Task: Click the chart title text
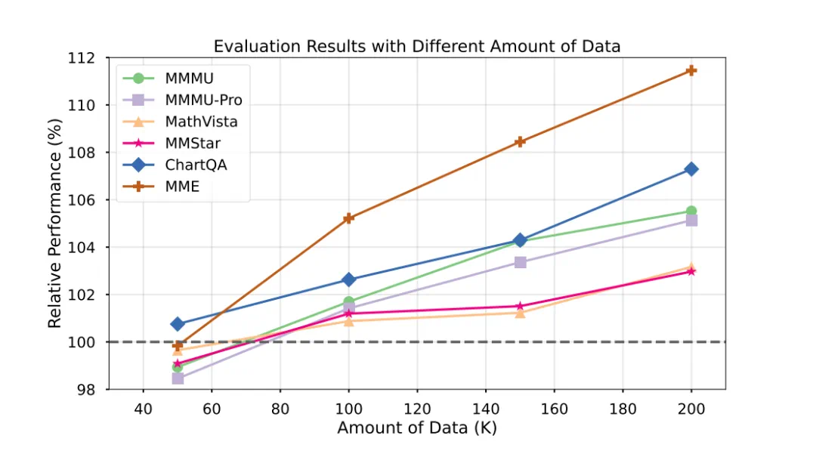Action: tap(416, 46)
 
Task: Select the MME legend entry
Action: tap(182, 187)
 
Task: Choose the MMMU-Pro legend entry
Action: tap(202, 100)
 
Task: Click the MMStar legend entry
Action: tap(192, 143)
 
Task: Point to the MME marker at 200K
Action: tap(691, 70)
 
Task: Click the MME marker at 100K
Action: tap(348, 218)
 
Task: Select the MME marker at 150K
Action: tap(520, 141)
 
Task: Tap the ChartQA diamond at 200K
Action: tap(691, 169)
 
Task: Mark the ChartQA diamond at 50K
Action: tap(178, 324)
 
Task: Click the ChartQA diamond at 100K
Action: tap(348, 279)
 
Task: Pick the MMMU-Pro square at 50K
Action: tap(178, 378)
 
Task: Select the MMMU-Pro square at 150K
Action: tap(520, 262)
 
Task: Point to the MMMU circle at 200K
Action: tap(691, 211)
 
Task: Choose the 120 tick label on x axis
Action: tap(417, 409)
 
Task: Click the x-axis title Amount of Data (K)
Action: tap(416, 428)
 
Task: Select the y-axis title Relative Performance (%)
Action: tap(54, 224)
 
